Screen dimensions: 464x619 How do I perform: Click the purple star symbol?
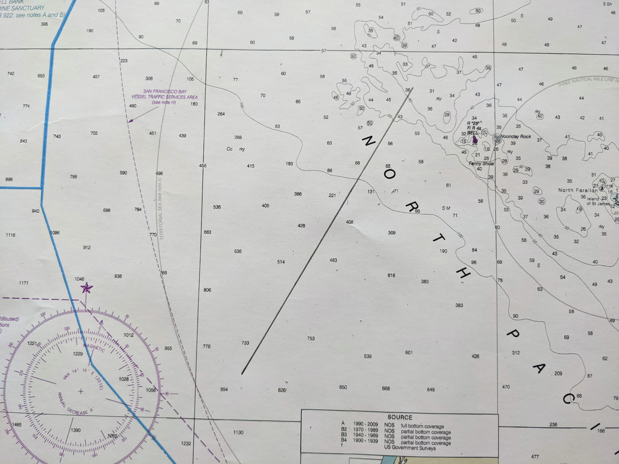[86, 288]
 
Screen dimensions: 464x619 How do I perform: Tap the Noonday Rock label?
[515, 137]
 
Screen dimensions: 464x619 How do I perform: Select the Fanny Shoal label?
[481, 163]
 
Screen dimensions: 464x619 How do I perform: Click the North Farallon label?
[578, 190]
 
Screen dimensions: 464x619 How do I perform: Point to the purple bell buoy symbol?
[475, 139]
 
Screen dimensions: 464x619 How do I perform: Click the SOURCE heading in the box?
[400, 417]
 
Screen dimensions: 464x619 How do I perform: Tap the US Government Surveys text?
[410, 448]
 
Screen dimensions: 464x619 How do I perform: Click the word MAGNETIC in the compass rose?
[94, 348]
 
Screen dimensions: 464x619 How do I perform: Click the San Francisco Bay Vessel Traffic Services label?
[164, 97]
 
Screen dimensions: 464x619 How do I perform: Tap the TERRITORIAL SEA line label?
[161, 208]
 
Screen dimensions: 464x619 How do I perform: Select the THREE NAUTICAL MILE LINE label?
[585, 82]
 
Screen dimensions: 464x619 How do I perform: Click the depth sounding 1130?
[238, 432]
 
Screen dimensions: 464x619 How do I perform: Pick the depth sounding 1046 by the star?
[79, 279]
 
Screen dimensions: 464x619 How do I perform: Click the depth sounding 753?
[311, 338]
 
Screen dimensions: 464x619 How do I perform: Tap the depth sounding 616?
[391, 275]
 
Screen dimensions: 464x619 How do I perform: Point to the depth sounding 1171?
[24, 283]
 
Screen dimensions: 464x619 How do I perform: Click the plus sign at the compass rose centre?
[81, 391]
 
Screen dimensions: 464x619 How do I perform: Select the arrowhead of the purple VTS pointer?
[129, 121]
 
